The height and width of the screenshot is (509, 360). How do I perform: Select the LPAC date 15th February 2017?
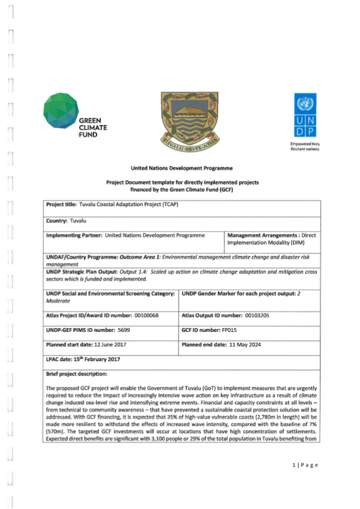(x=101, y=359)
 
